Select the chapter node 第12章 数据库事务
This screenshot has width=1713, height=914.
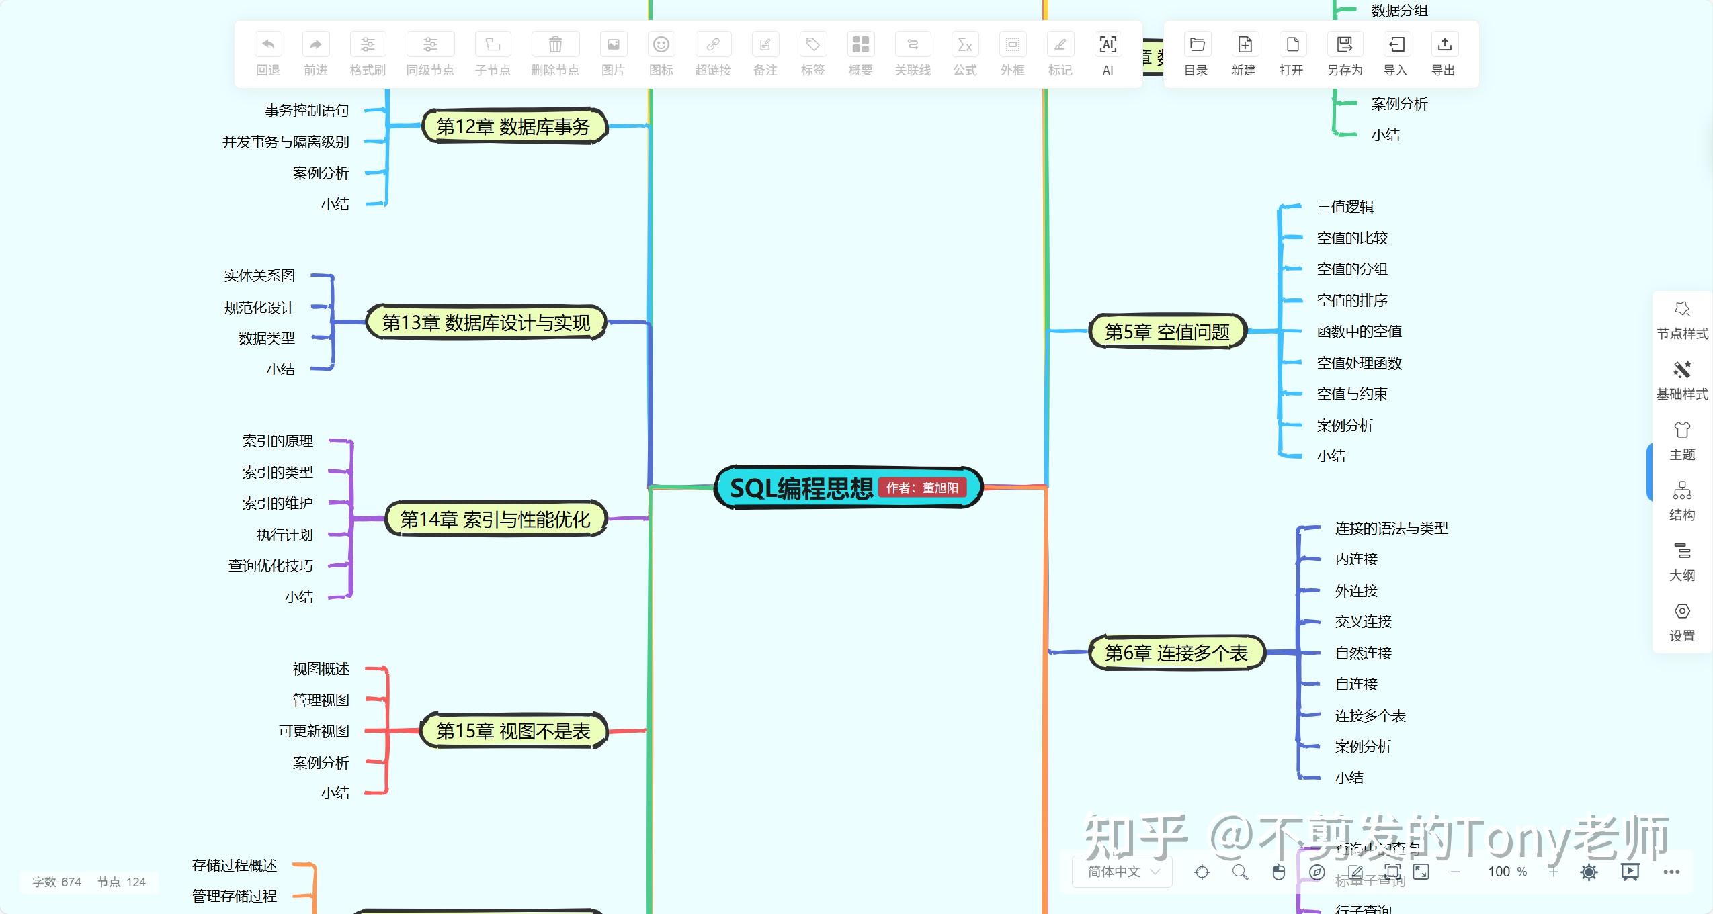tap(513, 126)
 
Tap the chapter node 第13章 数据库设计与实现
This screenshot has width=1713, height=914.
tap(486, 323)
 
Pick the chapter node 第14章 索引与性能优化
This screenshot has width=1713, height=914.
tap(495, 519)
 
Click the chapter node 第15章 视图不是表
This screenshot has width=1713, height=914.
tap(513, 731)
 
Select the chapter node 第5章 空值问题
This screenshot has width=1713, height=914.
tap(1167, 332)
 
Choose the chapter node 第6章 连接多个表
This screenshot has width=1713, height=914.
tap(1176, 653)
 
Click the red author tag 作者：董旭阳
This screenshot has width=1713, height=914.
tap(922, 488)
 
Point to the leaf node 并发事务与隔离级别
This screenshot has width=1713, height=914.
tap(286, 142)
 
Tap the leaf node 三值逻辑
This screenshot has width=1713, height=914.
tap(1345, 207)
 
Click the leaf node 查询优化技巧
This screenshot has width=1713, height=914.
tap(270, 565)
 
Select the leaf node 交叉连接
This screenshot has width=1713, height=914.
tap(1363, 621)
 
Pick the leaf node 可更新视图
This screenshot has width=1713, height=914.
tap(314, 731)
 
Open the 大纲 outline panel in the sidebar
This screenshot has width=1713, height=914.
tap(1681, 561)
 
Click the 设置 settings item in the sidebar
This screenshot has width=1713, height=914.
tap(1681, 622)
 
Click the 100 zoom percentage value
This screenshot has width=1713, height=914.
tap(1499, 872)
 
